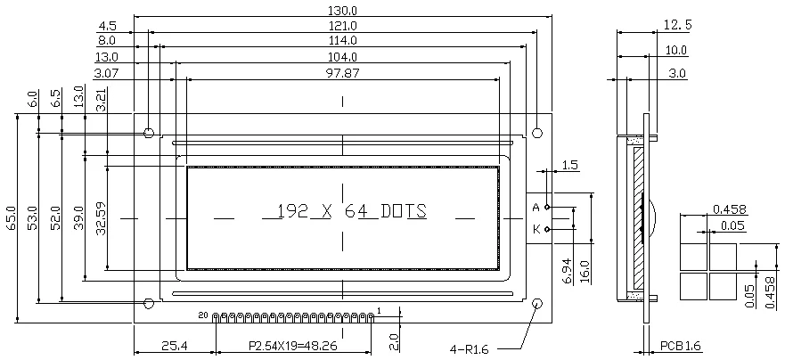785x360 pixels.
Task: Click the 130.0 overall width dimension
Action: (343, 9)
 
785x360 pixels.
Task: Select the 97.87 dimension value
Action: (343, 72)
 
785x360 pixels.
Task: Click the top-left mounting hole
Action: (149, 133)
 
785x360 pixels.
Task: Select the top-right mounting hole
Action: (537, 133)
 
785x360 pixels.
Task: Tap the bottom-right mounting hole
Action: (537, 304)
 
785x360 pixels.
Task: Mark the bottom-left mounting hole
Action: (149, 304)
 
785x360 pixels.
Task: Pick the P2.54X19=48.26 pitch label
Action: (291, 346)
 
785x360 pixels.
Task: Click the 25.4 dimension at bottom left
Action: (174, 346)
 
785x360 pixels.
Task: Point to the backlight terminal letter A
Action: (536, 208)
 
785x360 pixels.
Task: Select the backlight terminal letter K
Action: (536, 229)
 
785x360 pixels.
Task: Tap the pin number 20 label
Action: (202, 315)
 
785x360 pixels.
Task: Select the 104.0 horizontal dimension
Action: (343, 56)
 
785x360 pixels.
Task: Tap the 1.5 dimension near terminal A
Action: (571, 166)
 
